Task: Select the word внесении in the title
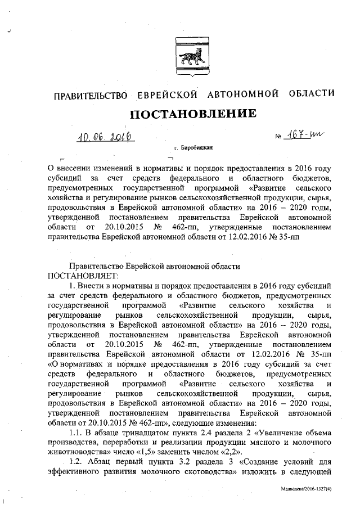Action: [x=78, y=168]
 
